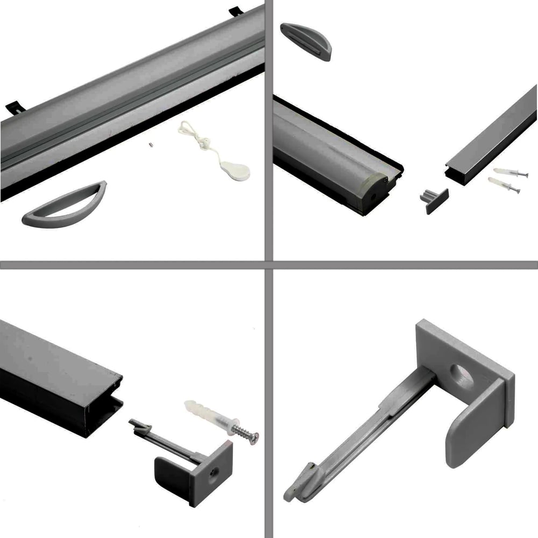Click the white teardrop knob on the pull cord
235,171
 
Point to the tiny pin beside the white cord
152,144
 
